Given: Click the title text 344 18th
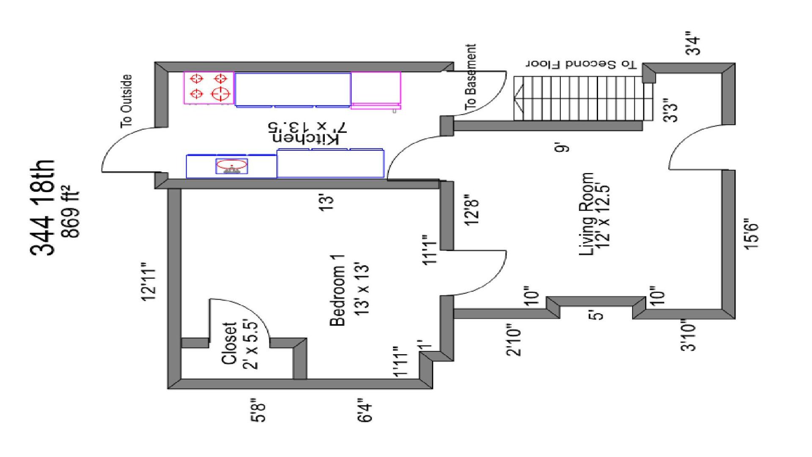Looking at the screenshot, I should click(x=43, y=208).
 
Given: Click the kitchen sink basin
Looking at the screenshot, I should click(x=232, y=164).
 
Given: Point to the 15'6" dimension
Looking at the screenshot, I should click(x=752, y=234).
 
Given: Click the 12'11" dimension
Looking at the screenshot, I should click(x=149, y=285).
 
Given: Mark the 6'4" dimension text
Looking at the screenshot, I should click(x=365, y=410).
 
